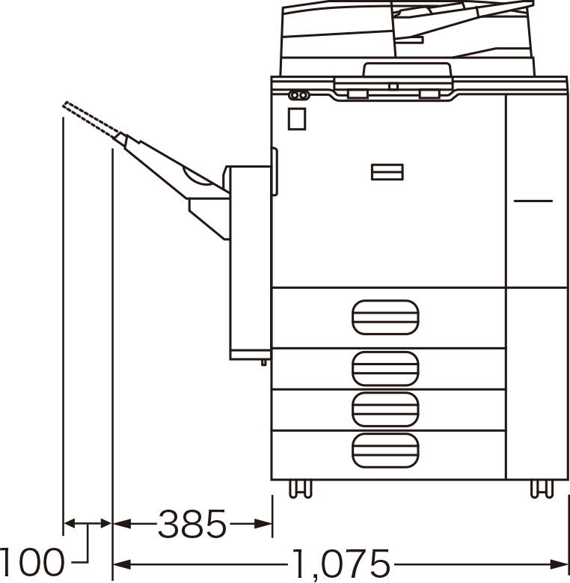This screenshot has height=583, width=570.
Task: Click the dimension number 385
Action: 192,524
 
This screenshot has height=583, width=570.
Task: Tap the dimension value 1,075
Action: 341,564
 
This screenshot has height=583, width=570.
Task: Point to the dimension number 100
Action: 31,562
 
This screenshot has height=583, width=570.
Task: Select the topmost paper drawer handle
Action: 385,317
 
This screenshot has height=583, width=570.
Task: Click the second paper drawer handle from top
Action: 385,368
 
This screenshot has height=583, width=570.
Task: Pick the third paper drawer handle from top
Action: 385,409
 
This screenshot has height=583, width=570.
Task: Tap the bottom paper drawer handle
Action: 385,451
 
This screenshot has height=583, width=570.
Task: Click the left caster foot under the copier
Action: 300,489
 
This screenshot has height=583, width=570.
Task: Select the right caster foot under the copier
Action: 542,489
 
